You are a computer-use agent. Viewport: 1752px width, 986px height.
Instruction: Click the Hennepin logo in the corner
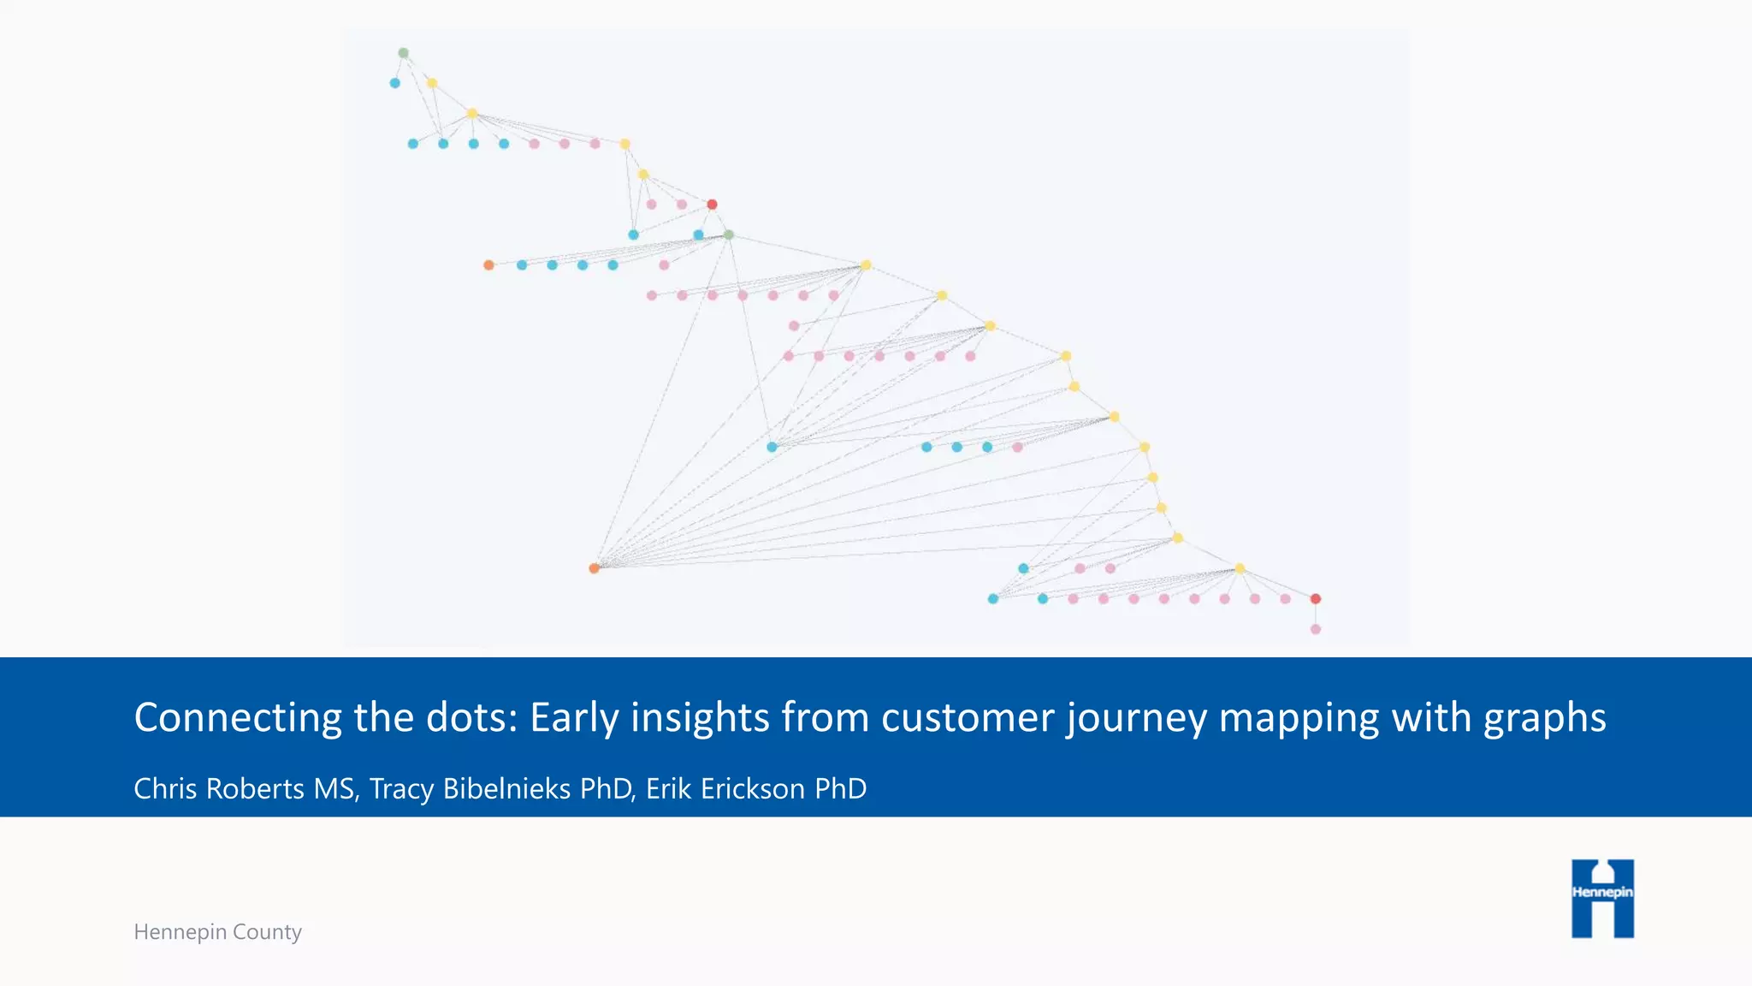click(1602, 898)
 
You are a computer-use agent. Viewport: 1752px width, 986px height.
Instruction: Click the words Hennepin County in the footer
click(217, 931)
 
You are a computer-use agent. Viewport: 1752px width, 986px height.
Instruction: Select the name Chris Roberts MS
click(244, 788)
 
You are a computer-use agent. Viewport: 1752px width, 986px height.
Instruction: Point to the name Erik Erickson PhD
click(756, 788)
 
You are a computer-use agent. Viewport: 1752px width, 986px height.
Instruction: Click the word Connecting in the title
click(238, 717)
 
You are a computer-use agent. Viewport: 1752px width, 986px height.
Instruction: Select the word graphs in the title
click(1544, 717)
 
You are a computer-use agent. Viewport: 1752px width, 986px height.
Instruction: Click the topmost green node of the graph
click(403, 53)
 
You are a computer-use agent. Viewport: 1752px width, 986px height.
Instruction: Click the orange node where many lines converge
click(595, 568)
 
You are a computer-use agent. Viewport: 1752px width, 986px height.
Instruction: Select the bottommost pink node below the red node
click(1316, 629)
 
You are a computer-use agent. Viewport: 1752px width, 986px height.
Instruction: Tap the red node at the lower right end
click(1316, 599)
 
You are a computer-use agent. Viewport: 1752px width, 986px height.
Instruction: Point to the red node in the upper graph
click(712, 205)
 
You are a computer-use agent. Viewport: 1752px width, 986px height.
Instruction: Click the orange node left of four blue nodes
click(488, 265)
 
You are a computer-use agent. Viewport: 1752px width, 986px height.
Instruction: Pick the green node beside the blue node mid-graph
click(729, 235)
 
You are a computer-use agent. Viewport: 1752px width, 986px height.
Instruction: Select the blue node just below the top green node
click(394, 83)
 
